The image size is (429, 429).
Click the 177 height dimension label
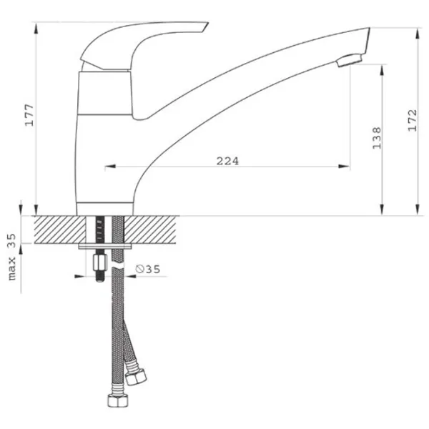tap(29, 115)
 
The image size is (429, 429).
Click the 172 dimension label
tap(413, 121)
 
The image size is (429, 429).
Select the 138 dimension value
tap(377, 138)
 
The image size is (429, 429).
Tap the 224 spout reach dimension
tap(227, 161)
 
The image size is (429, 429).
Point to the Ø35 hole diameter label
tap(148, 270)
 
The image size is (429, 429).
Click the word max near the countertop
tap(12, 268)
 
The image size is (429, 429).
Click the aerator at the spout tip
tap(350, 60)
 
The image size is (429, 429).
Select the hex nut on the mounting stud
tap(99, 262)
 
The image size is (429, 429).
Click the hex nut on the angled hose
tap(136, 378)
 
